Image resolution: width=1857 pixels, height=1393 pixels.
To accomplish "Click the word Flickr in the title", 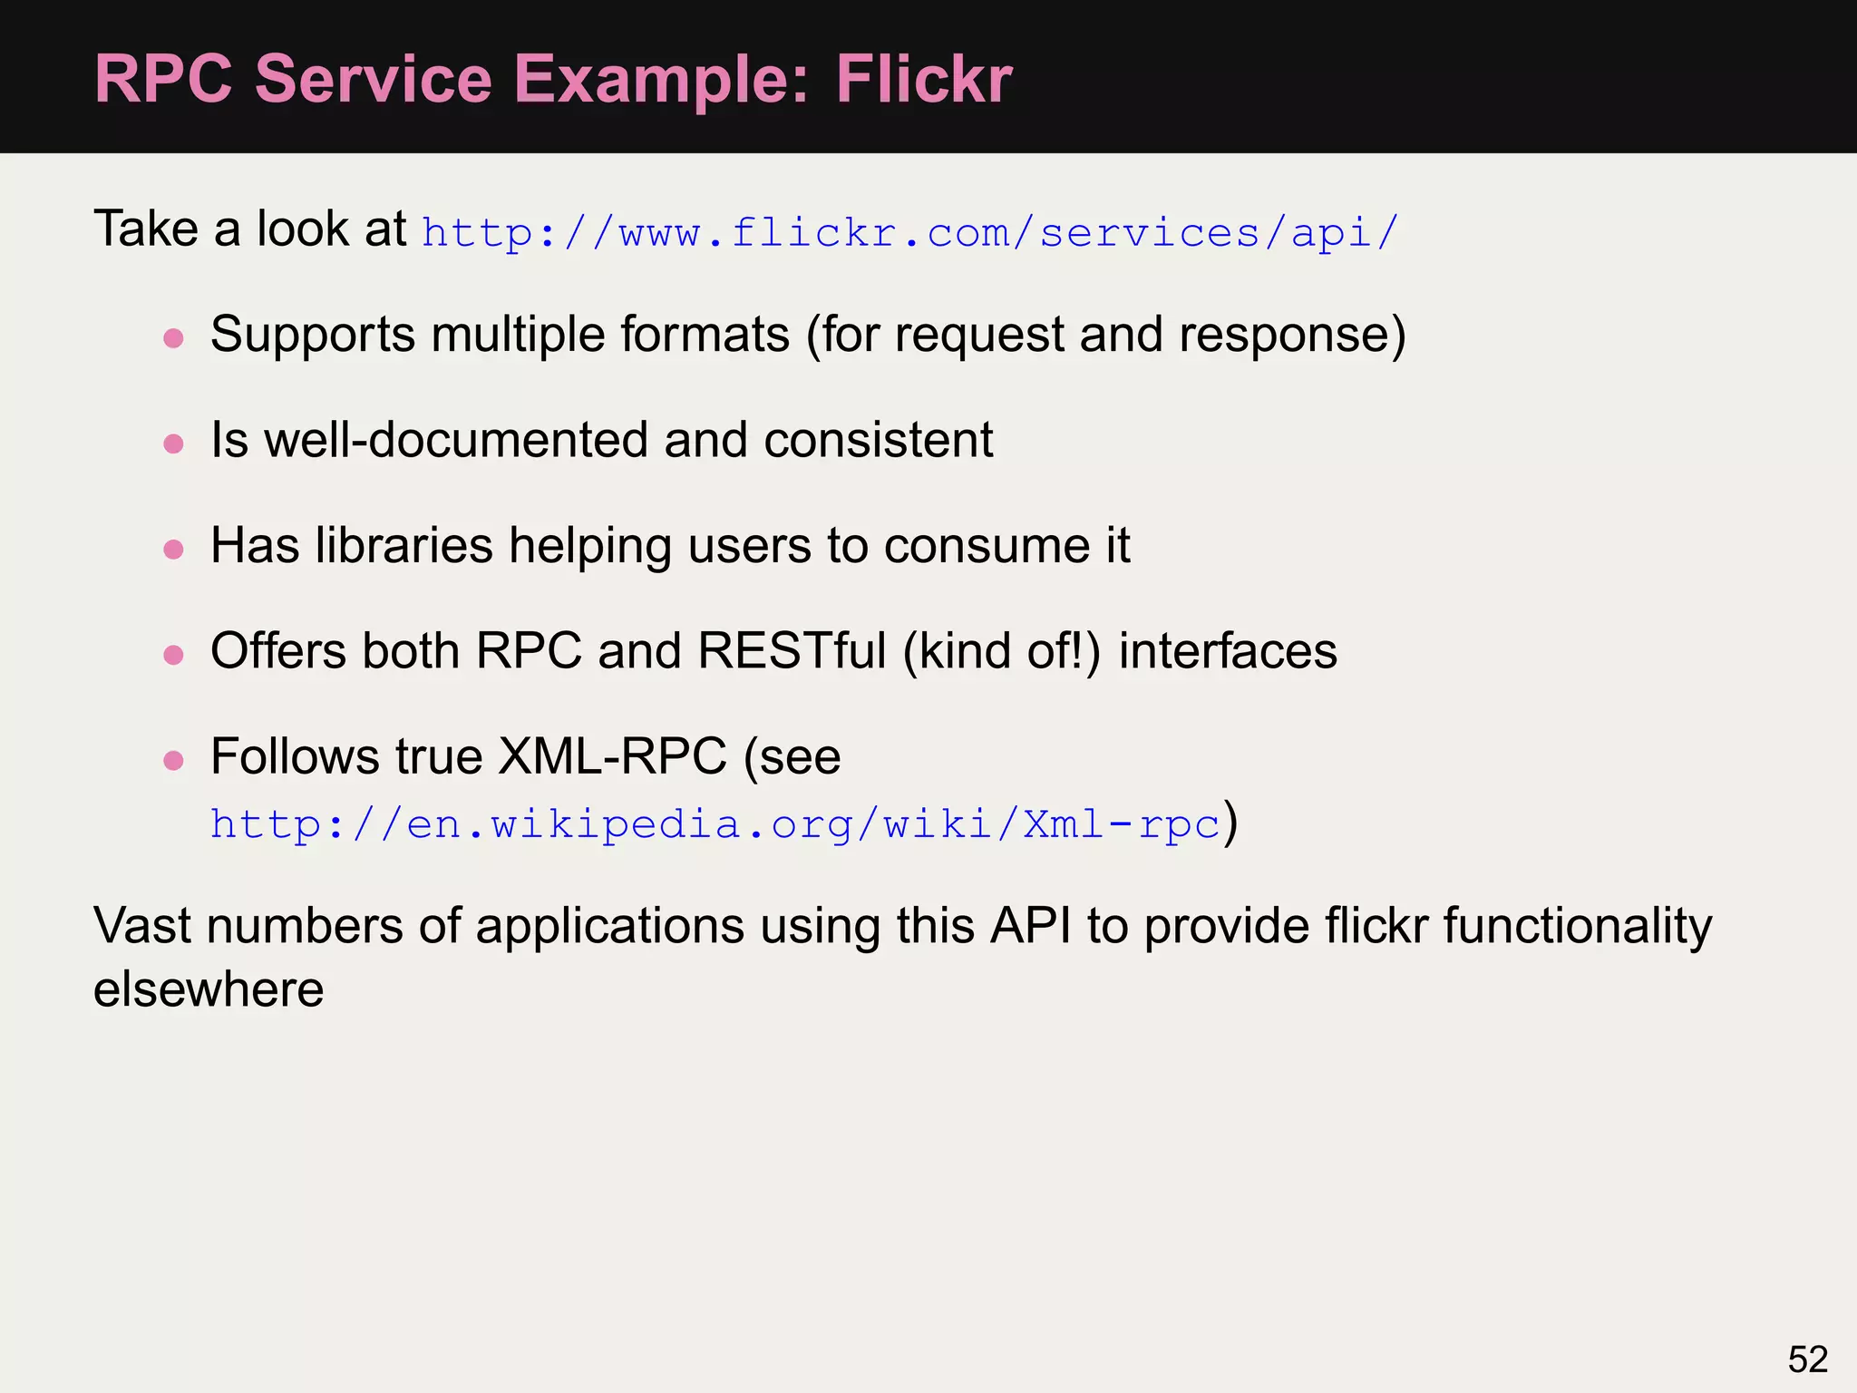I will pyautogui.click(x=923, y=79).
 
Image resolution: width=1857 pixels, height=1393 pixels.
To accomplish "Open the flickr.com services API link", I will pyautogui.click(x=910, y=233).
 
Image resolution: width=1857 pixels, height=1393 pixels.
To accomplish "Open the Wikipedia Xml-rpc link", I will pyautogui.click(x=715, y=824).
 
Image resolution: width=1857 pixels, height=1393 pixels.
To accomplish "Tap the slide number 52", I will pyautogui.click(x=1807, y=1359).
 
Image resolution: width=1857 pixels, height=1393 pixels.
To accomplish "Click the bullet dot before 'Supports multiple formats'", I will pyautogui.click(x=173, y=339).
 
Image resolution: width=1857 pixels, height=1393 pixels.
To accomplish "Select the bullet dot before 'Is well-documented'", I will pyautogui.click(x=173, y=444).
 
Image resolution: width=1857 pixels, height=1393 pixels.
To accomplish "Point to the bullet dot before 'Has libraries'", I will pyautogui.click(x=173, y=550).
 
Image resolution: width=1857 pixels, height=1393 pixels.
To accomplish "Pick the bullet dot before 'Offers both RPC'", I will pyautogui.click(x=173, y=655).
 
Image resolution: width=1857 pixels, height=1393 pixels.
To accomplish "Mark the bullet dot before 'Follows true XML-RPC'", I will pyautogui.click(x=173, y=760).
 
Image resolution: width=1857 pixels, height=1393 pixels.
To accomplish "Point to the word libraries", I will pyautogui.click(x=404, y=546).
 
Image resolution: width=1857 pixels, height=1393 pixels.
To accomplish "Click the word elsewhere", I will pyautogui.click(x=209, y=989).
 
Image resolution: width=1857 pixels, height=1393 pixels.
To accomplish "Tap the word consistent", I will pyautogui.click(x=878, y=441).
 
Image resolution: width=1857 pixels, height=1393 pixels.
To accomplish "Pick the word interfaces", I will pyautogui.click(x=1228, y=651).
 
